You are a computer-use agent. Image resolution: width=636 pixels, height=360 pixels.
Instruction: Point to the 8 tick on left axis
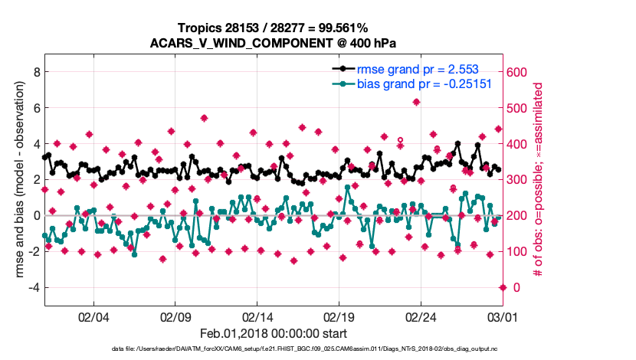tap(34, 72)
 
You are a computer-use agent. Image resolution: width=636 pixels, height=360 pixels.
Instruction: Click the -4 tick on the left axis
tap(31, 287)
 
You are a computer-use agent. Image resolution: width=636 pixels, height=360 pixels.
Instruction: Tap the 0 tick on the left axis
tap(34, 215)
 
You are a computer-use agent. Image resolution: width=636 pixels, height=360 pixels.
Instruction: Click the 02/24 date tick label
tap(421, 316)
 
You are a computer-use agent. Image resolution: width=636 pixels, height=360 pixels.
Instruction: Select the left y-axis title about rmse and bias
tap(15, 180)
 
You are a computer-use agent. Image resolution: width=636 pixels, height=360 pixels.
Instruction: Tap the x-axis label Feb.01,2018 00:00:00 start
tap(274, 334)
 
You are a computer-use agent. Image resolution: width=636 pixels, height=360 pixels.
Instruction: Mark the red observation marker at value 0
tap(503, 287)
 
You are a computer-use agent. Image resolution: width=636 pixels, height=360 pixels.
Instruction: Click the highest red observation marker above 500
tap(416, 102)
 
